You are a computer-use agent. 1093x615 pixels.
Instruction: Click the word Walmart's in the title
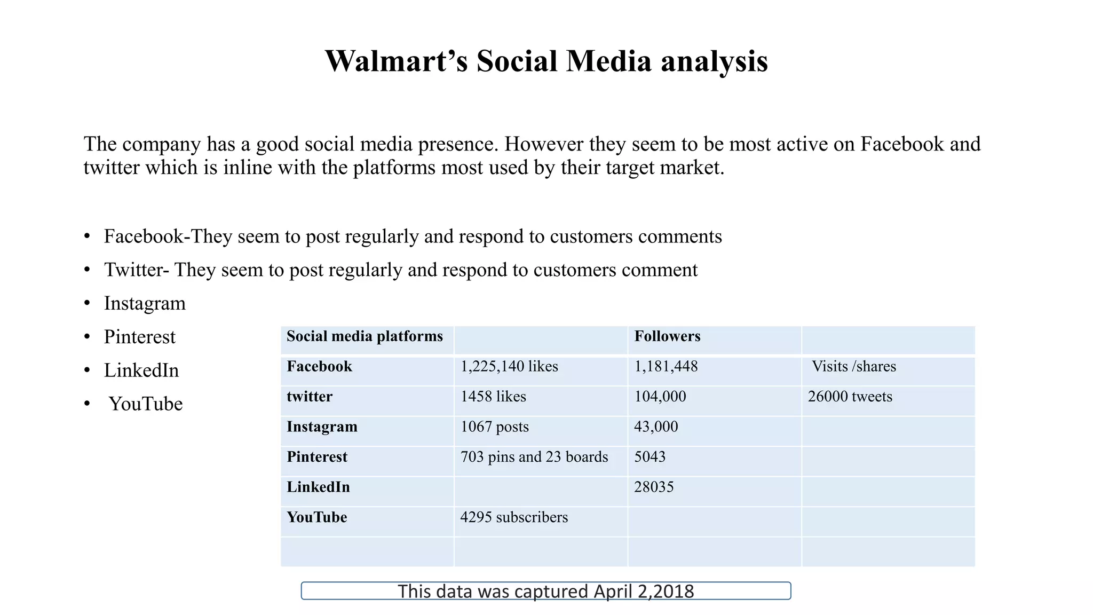(x=396, y=61)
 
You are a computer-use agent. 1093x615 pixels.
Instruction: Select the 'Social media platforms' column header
(x=365, y=336)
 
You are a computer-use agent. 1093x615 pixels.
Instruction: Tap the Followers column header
(x=667, y=336)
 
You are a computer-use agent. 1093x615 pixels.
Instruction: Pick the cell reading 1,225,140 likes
(x=509, y=367)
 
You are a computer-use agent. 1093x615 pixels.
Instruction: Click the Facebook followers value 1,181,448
(x=666, y=367)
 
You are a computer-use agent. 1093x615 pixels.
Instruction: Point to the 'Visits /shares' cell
(x=854, y=367)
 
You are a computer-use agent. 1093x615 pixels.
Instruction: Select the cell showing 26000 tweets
(x=850, y=397)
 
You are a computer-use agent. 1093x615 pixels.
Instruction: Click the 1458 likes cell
(x=493, y=397)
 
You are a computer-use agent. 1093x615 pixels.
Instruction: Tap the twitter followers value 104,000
(x=660, y=397)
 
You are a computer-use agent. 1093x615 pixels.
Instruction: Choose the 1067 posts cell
(x=494, y=427)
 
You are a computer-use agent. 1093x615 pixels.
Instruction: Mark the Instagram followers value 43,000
(x=656, y=427)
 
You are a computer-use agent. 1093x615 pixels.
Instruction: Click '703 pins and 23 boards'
(x=534, y=457)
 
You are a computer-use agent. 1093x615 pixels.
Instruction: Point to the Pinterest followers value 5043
(x=650, y=457)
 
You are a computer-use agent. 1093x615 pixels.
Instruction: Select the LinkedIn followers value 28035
(x=654, y=487)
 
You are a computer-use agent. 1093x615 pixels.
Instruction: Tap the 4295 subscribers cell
(x=514, y=517)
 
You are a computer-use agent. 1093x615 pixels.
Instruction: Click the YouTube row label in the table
(x=316, y=517)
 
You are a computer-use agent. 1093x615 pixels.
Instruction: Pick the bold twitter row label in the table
(x=310, y=397)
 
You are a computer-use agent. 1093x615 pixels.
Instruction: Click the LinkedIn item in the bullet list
(x=141, y=370)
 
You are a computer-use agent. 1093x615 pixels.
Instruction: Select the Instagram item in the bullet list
(x=145, y=303)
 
